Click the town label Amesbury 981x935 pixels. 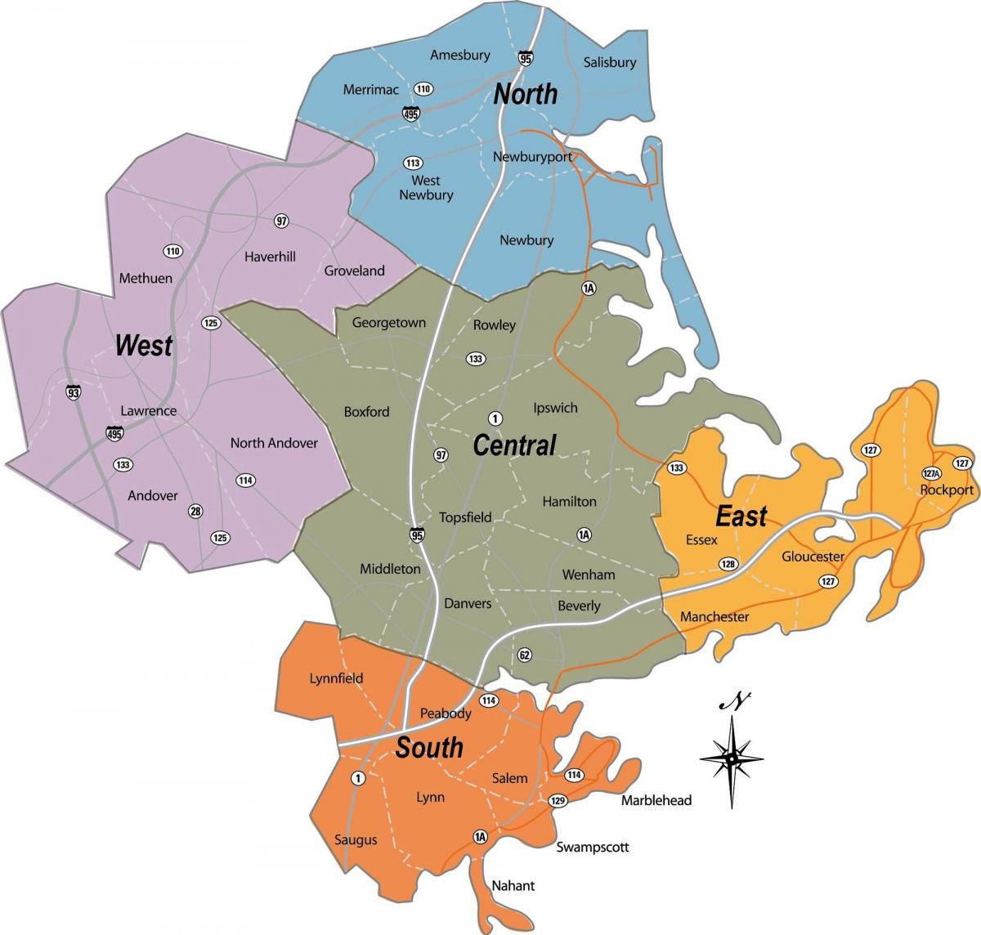(460, 55)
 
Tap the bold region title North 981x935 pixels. (525, 94)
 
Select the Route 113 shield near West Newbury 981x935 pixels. (413, 162)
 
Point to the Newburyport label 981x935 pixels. (532, 156)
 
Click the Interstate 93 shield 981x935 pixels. (74, 393)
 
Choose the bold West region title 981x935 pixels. (144, 345)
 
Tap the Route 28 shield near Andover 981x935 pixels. (195, 511)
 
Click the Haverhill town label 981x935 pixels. (270, 256)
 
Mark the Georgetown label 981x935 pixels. (388, 322)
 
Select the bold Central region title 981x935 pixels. (514, 445)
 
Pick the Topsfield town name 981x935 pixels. (465, 517)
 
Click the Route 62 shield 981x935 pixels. (524, 654)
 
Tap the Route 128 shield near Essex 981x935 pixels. (727, 564)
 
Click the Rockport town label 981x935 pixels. (946, 490)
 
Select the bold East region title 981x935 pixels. (741, 517)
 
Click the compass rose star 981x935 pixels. (732, 758)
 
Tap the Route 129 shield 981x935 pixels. (558, 799)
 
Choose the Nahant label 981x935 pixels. (513, 885)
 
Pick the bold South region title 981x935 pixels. (429, 748)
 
